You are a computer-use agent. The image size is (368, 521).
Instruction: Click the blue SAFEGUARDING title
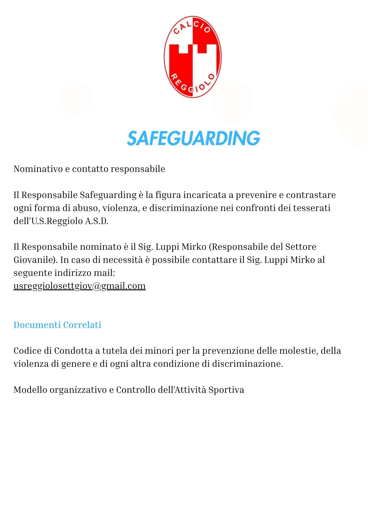(193, 138)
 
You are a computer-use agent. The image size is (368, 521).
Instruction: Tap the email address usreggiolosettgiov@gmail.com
(79, 286)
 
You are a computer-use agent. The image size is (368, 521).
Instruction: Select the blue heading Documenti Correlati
(57, 325)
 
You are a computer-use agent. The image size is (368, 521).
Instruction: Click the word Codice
(28, 351)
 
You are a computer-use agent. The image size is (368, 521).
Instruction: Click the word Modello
(30, 390)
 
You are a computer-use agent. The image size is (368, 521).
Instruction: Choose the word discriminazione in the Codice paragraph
(247, 364)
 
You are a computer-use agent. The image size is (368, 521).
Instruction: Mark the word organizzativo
(78, 390)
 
